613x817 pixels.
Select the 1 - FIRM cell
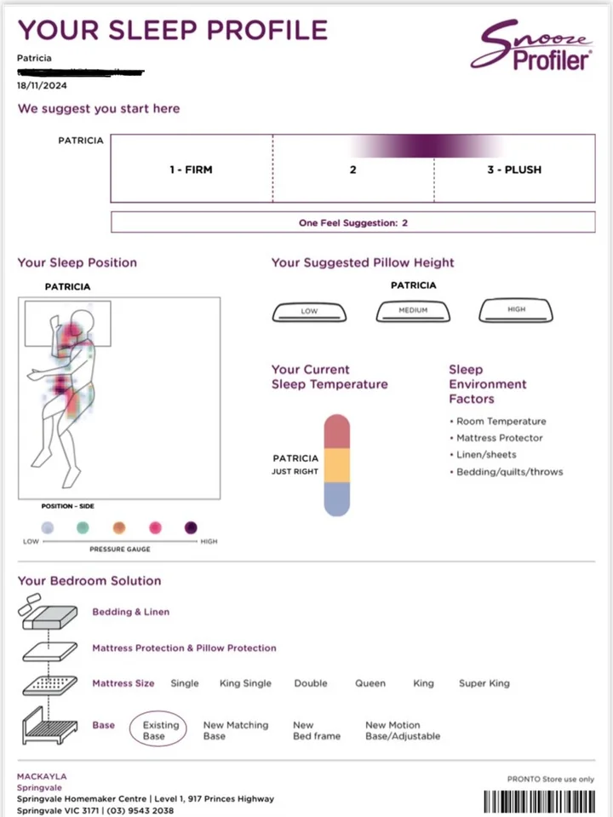[191, 170]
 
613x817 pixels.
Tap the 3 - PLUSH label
[513, 170]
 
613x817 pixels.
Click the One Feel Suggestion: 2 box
[353, 222]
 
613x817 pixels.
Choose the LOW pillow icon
[309, 312]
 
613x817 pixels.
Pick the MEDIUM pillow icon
[413, 311]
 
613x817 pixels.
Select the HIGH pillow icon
[516, 310]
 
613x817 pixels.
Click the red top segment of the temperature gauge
[337, 431]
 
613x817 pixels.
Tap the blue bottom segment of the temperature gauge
[337, 498]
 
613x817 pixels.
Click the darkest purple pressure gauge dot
[192, 527]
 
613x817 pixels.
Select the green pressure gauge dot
[83, 527]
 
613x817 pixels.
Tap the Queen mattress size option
[370, 683]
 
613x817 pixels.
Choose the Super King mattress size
[484, 683]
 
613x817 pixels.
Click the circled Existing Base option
[160, 730]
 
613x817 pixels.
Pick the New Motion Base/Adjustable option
[402, 730]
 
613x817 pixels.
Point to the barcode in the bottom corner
[540, 802]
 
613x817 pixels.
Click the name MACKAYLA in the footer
[42, 777]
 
